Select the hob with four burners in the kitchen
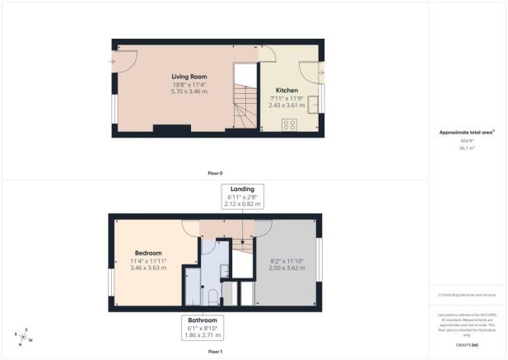(x=289, y=125)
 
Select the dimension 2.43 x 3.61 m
(x=287, y=106)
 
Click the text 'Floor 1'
(x=215, y=352)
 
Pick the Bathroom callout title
(x=202, y=320)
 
